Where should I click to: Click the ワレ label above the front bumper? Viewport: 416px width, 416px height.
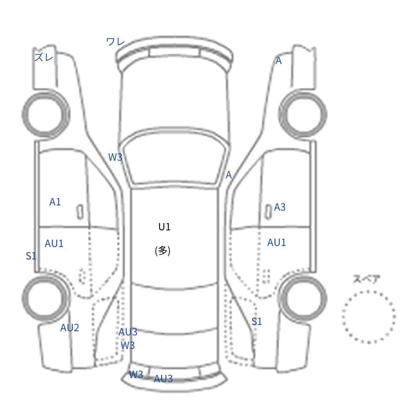click(115, 42)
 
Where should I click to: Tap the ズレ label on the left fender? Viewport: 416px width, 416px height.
click(44, 57)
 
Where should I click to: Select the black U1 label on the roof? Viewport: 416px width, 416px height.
click(164, 227)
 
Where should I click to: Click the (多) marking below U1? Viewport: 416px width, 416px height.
click(163, 251)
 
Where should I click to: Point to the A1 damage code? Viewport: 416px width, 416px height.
click(55, 202)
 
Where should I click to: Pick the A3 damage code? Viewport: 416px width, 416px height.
click(280, 207)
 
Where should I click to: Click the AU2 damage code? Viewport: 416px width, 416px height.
click(70, 328)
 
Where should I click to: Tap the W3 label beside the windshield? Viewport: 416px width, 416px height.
click(115, 157)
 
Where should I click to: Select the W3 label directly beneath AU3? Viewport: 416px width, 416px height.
click(127, 345)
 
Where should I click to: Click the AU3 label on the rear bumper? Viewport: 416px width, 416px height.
click(163, 379)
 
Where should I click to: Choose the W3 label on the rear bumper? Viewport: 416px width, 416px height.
click(136, 374)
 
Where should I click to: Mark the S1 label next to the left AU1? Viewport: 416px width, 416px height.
click(31, 256)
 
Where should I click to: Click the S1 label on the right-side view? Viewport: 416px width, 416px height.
click(256, 321)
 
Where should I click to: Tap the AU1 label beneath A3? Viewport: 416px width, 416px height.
click(277, 242)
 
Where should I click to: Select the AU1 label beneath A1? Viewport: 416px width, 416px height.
click(54, 243)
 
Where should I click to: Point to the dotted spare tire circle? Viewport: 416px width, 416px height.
click(343, 317)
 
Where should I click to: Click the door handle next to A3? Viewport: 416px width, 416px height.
click(268, 212)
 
